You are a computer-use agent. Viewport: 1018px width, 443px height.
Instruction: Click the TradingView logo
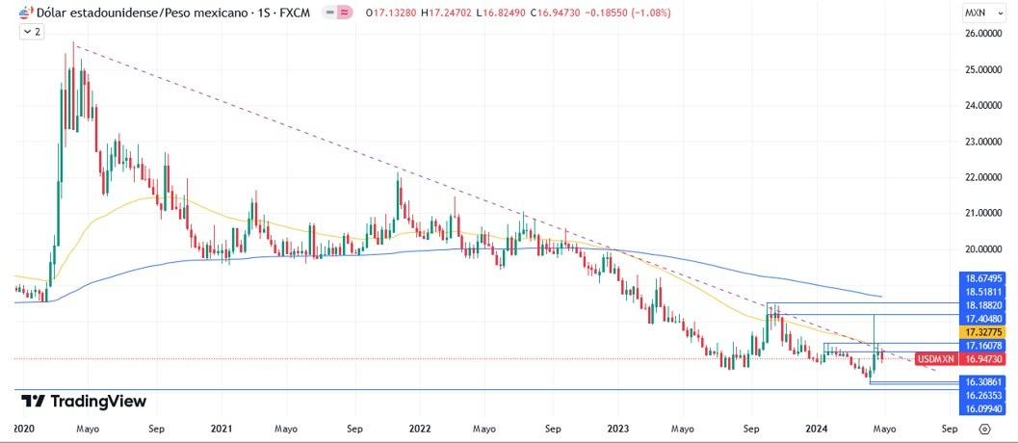tap(83, 401)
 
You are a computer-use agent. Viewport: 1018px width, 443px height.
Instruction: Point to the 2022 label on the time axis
tap(420, 427)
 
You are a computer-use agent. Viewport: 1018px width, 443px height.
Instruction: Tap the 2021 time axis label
tap(222, 427)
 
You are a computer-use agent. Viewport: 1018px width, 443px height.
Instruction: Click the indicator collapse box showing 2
tap(32, 32)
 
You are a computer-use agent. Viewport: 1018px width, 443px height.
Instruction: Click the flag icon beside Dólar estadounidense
tap(25, 13)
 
